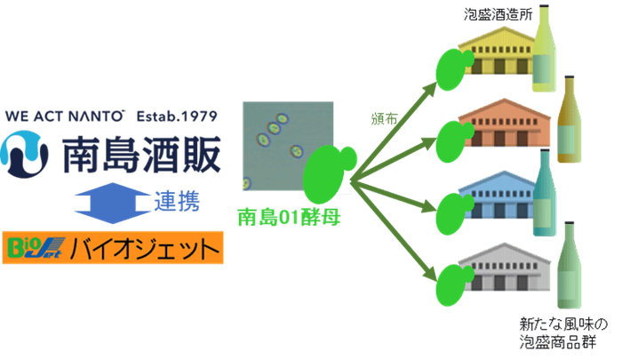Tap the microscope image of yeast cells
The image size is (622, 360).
(288, 146)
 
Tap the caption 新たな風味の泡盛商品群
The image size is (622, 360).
(563, 332)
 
